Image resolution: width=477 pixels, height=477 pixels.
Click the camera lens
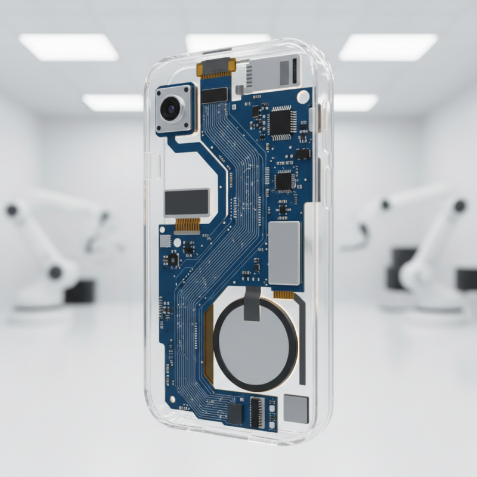point(170,109)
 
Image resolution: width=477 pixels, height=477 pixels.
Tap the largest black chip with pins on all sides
point(278,122)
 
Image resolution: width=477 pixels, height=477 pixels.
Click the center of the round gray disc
point(255,344)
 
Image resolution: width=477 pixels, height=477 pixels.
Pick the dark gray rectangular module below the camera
point(187,202)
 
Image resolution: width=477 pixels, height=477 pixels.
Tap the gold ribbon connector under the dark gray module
point(187,225)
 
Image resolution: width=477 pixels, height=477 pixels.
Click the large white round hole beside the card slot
point(303,96)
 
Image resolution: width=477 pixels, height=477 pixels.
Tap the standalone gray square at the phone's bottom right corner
point(296,409)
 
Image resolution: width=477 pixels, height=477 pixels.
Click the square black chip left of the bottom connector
point(236,413)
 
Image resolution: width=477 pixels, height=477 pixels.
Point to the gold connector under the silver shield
point(284,293)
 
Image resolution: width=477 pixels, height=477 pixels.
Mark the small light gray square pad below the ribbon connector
point(165,241)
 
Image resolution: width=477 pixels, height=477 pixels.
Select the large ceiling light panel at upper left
point(68,47)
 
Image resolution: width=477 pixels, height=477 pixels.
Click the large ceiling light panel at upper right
point(388,47)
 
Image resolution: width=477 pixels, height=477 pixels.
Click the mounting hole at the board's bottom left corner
point(172,396)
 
